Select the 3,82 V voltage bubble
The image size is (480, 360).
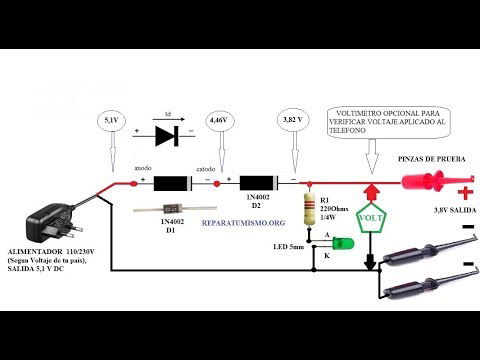pos(293,120)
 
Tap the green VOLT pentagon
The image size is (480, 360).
pos(371,216)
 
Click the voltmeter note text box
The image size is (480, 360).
pos(382,124)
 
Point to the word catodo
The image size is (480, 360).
pos(206,170)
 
